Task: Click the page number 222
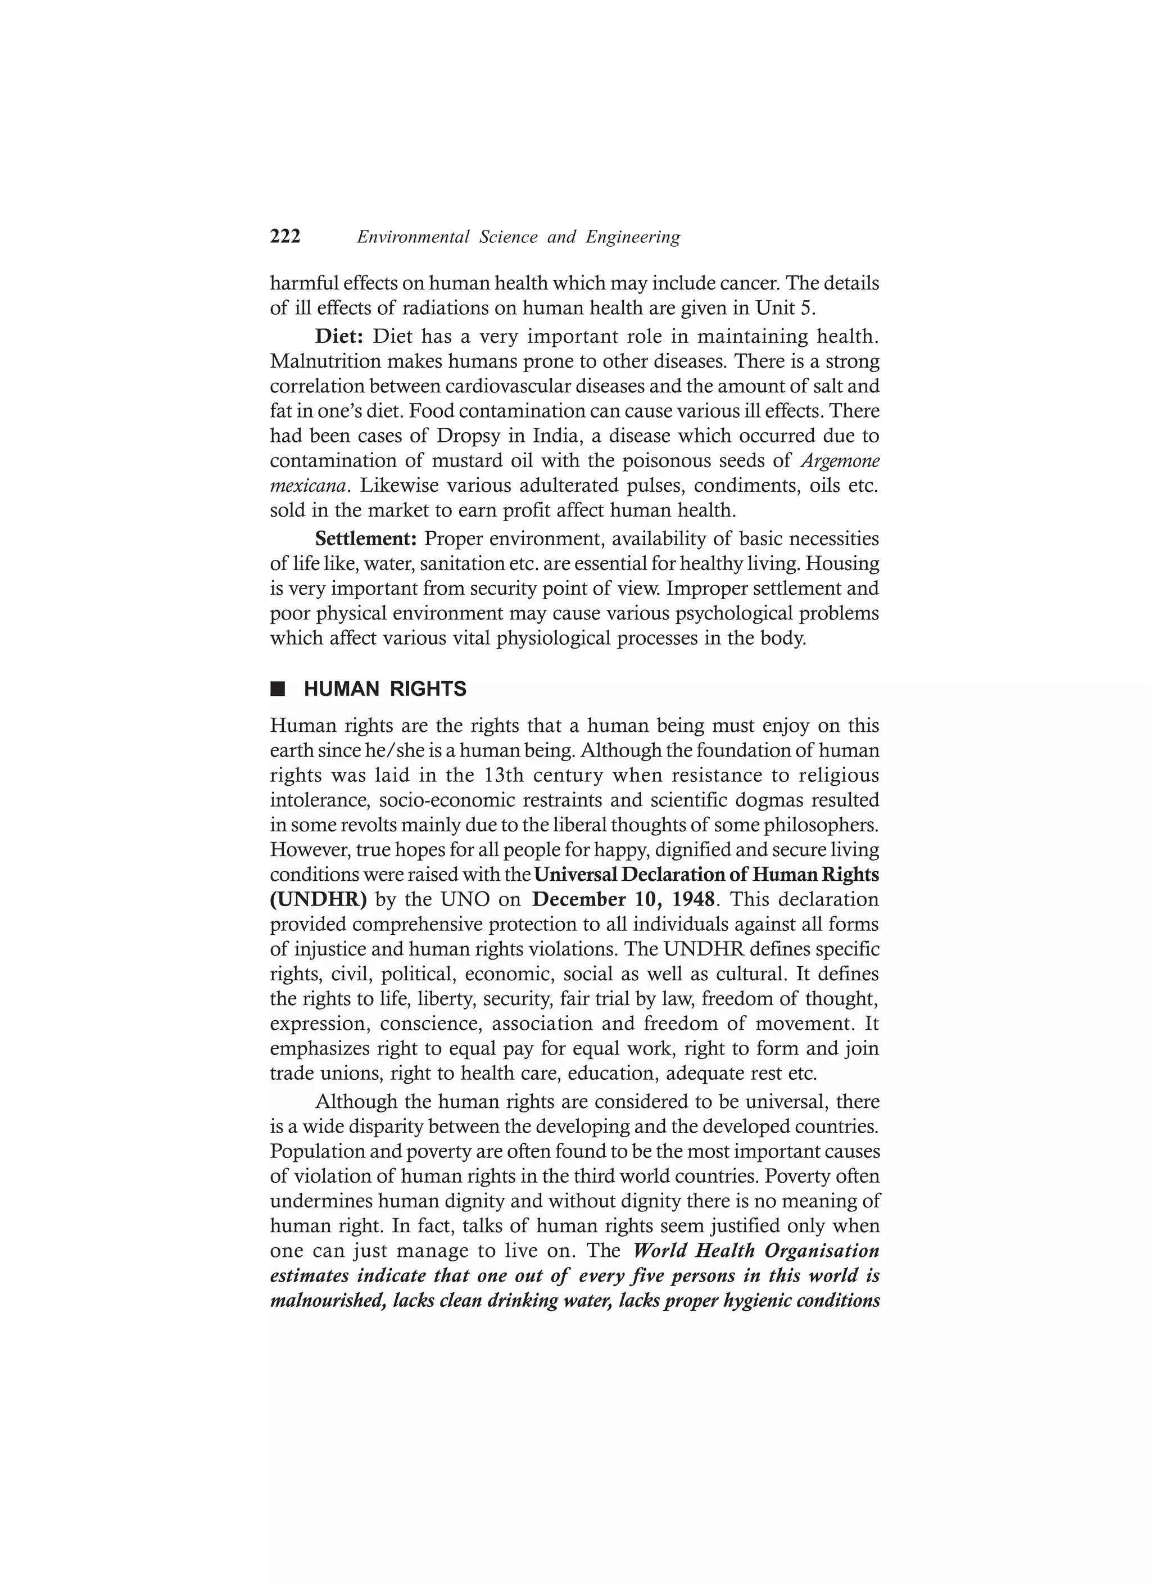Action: click(285, 237)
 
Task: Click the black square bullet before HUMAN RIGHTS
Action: click(278, 689)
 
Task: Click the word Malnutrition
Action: click(325, 362)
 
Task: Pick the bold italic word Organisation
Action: click(821, 1250)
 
